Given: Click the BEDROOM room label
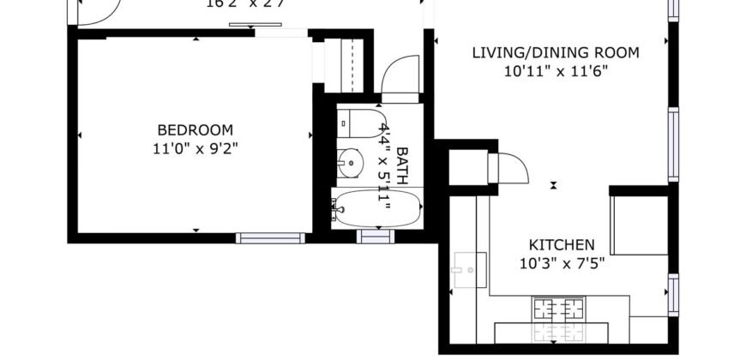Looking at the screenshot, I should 195,130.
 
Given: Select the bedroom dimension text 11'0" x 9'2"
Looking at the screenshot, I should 195,147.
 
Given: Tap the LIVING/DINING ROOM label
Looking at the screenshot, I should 556,53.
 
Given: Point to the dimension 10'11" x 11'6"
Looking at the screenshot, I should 556,72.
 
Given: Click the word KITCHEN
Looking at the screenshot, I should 562,245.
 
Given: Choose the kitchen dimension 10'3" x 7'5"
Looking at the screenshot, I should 562,263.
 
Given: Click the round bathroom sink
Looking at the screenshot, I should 350,160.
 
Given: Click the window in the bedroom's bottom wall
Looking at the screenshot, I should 270,237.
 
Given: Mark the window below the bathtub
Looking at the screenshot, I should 375,237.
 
